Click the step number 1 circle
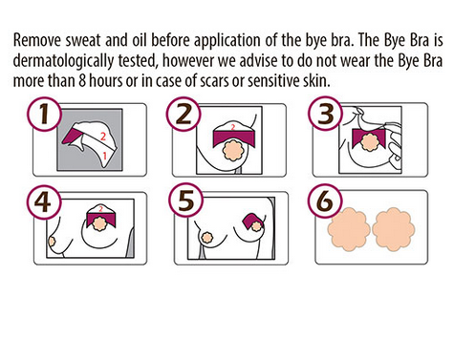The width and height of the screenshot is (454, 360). pos(44,115)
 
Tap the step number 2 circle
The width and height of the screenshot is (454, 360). pos(184,115)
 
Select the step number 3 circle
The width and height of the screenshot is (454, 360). pos(325,115)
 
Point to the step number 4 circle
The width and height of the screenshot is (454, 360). pos(43,201)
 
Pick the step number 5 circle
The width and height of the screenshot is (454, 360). pos(185,201)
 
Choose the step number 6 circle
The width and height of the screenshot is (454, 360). pos(325,201)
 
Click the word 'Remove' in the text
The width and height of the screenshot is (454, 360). pos(36,40)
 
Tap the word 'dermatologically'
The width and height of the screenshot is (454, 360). pos(63,61)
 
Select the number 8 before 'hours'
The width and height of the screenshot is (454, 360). pos(82,81)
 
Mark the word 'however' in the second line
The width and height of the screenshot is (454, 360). pos(188,61)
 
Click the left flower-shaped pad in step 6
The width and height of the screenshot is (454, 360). pos(349,229)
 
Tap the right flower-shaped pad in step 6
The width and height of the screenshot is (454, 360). pos(394,229)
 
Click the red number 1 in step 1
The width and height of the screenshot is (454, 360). pos(104,156)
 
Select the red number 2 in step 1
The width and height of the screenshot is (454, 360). pos(103,137)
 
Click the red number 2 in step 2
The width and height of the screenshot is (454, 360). pos(233,127)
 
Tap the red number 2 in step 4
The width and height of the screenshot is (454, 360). pos(100,209)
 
